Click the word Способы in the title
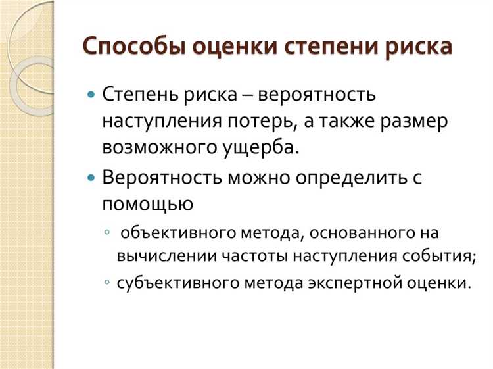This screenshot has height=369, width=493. (134, 48)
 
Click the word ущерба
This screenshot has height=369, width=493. (264, 147)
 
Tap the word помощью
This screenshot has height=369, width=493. (147, 205)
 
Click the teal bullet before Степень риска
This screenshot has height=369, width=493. (91, 94)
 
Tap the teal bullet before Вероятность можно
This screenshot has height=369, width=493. (91, 178)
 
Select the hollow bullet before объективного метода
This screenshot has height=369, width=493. (107, 234)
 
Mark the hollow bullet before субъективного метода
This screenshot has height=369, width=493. (107, 283)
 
